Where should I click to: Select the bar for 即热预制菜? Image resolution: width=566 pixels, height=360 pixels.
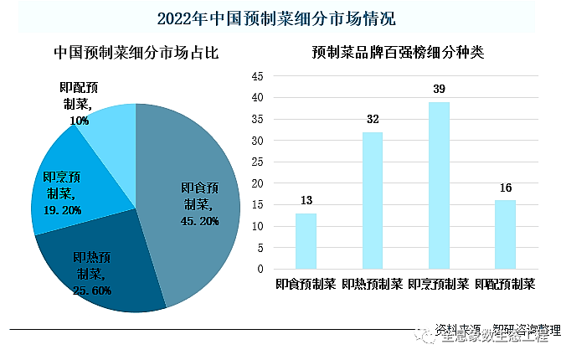[373, 201]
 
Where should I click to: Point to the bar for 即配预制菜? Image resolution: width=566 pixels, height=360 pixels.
[505, 234]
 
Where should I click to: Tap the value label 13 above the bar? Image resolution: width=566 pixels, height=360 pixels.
[306, 200]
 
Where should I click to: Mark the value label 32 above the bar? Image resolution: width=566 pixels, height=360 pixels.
[373, 119]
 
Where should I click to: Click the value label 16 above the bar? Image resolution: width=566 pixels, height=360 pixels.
[505, 188]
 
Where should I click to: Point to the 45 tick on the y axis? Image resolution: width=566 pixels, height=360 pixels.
[257, 76]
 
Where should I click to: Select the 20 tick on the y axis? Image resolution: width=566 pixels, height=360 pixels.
[257, 183]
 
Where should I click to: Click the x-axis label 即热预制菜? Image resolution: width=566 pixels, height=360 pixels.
[373, 284]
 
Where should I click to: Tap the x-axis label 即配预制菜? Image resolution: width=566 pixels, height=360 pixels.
[505, 284]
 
